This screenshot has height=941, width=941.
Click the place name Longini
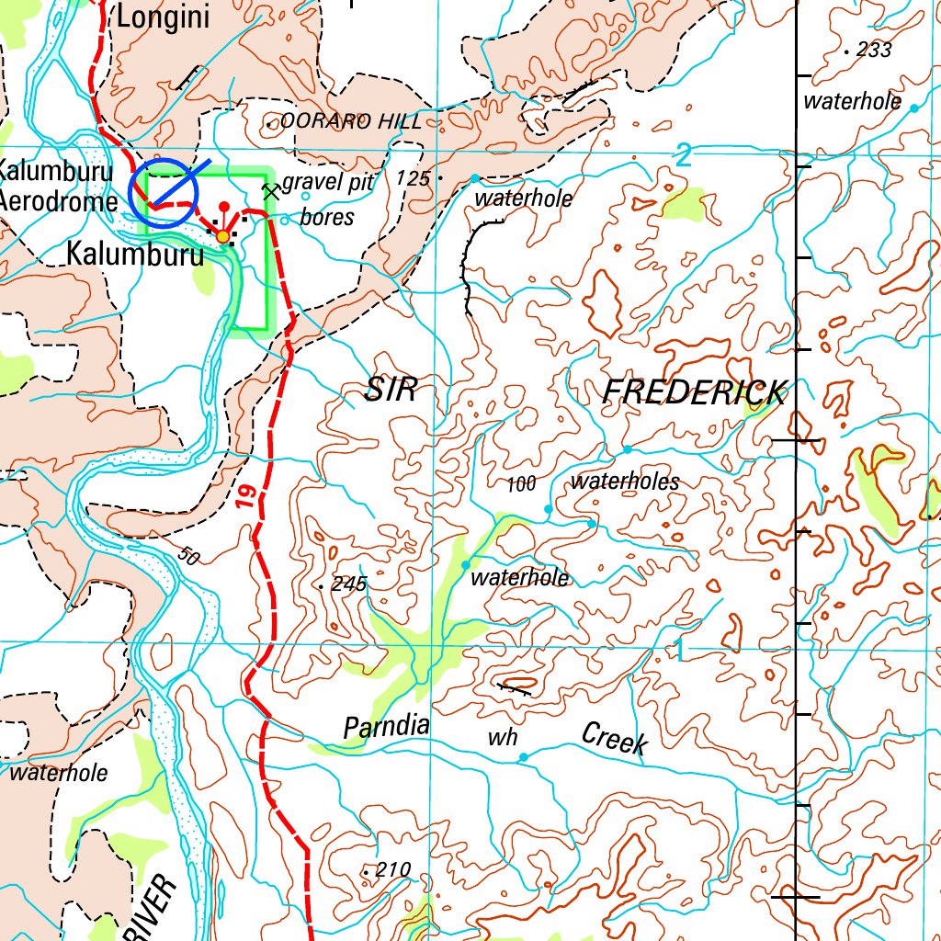(163, 17)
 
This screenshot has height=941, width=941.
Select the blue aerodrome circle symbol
(164, 194)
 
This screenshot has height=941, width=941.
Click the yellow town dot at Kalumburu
(222, 237)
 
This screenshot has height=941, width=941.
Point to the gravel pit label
(327, 182)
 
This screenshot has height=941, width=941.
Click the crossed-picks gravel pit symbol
(270, 191)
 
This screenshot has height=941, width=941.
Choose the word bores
(327, 217)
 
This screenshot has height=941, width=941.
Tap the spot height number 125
(414, 178)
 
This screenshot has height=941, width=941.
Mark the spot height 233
(873, 51)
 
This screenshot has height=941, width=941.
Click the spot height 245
(349, 584)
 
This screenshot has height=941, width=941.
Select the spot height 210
(391, 869)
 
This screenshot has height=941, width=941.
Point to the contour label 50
(188, 556)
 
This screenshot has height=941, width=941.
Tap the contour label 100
(521, 484)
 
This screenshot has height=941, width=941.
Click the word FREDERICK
(695, 393)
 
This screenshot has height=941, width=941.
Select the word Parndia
(386, 727)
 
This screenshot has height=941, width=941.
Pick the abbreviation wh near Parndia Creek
(503, 738)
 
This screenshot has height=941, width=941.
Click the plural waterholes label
(625, 482)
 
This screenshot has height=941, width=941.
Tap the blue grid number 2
(682, 157)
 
